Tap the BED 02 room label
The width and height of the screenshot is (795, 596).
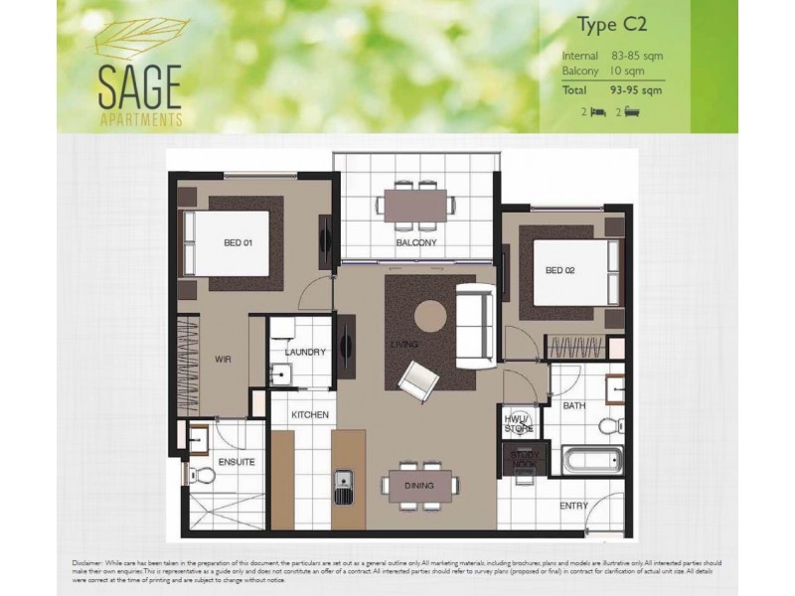560,270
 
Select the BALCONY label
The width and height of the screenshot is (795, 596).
416,243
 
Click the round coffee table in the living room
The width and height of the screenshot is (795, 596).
428,315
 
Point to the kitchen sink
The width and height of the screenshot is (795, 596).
344,486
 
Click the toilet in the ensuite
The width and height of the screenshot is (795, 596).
203,475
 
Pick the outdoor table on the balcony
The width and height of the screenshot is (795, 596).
416,206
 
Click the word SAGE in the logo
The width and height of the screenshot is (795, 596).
138,88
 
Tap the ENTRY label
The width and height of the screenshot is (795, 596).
573,506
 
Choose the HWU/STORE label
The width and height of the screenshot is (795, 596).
519,422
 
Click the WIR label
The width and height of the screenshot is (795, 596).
223,361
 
